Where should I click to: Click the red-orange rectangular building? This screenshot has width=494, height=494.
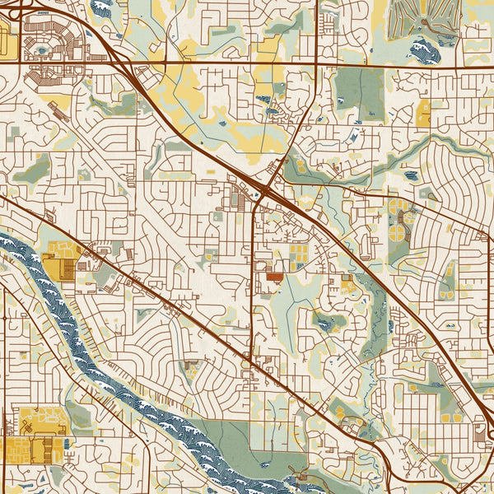pyautogui.click(x=273, y=277)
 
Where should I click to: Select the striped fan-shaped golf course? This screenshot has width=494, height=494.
pyautogui.click(x=424, y=16)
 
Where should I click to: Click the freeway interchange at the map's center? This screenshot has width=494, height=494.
pyautogui.click(x=265, y=188)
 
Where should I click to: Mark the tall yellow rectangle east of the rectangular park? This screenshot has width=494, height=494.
pyautogui.click(x=423, y=113)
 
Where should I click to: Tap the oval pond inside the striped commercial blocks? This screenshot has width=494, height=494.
pyautogui.click(x=42, y=51)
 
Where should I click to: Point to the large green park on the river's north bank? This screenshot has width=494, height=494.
pyautogui.click(x=247, y=445)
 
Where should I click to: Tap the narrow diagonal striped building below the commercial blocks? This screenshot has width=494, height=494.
pyautogui.click(x=59, y=105)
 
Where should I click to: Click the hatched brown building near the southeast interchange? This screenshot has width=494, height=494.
pyautogui.click(x=480, y=431)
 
